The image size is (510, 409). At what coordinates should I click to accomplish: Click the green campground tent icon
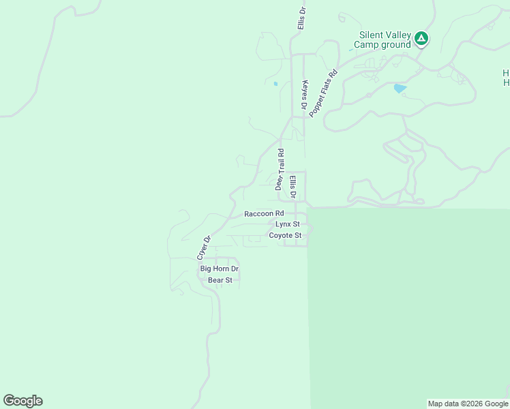click(x=421, y=38)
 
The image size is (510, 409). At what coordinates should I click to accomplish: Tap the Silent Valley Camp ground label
click(x=385, y=40)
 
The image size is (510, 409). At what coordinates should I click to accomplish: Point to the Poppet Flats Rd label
click(x=323, y=93)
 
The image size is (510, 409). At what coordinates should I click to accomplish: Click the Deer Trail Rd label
click(x=280, y=168)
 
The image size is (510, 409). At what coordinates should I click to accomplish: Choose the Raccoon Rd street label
click(x=264, y=213)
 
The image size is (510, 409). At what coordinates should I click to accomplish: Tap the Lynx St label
click(x=288, y=224)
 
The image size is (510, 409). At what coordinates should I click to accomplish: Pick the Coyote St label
click(x=285, y=235)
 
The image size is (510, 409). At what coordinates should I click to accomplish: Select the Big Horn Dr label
click(x=219, y=269)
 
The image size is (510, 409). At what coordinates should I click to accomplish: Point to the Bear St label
click(x=220, y=280)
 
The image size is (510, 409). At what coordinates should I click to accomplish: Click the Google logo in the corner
click(x=22, y=401)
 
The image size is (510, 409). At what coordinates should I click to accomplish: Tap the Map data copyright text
click(x=468, y=404)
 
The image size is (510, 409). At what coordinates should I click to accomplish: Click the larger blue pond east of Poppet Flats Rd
click(x=400, y=88)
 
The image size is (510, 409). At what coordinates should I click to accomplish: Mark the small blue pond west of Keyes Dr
click(x=275, y=84)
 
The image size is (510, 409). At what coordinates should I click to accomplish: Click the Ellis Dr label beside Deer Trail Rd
click(x=292, y=187)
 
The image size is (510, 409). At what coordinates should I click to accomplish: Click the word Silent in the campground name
click(x=373, y=35)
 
